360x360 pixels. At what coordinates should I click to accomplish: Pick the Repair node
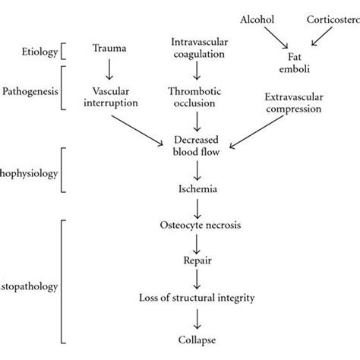click(x=198, y=260)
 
